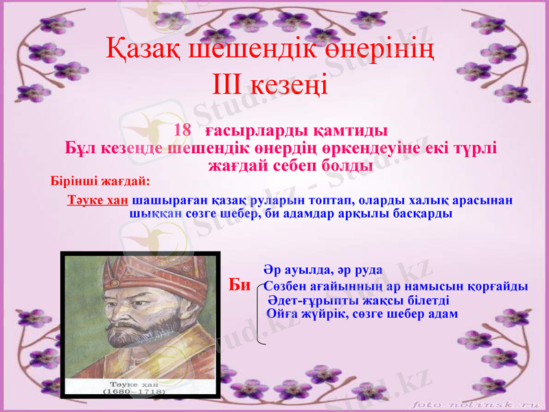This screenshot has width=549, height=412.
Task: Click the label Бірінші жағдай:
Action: [100, 182]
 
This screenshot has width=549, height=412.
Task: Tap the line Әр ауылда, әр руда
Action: [323, 270]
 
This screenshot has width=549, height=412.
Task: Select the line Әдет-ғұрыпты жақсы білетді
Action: [358, 300]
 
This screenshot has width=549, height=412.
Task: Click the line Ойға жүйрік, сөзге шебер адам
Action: [362, 313]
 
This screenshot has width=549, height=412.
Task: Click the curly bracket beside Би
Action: [259, 312]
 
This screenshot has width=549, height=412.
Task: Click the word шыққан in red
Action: [155, 214]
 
